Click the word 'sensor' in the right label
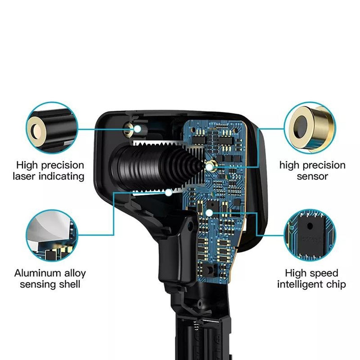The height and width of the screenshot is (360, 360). coord(312,177)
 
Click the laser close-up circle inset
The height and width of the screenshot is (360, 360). coord(52,128)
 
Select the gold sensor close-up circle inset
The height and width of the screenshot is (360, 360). coord(310,128)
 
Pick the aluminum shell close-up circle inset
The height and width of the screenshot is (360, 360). coord(52,236)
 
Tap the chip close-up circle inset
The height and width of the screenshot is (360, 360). coord(310,235)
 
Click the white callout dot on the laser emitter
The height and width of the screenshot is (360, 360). coord(137,129)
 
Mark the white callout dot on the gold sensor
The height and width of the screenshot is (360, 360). coord(209,167)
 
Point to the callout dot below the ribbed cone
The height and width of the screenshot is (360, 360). coord(169,192)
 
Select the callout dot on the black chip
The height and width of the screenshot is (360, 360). coord(209,213)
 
